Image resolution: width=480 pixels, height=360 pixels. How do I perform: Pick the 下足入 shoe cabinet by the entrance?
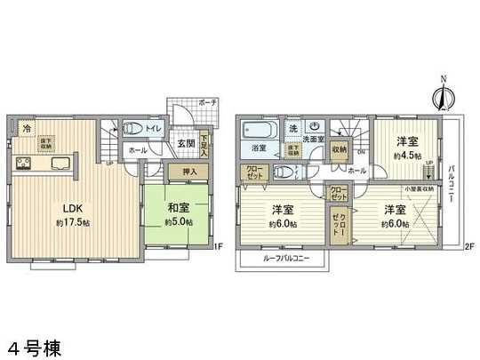[x=204, y=143]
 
